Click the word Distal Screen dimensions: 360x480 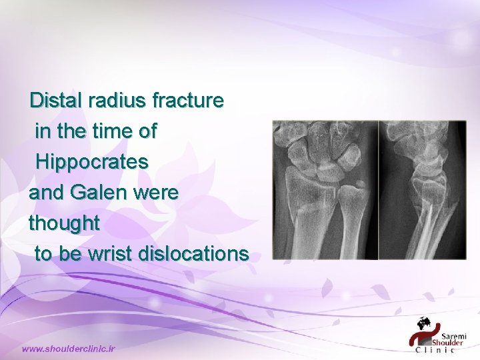(56, 101)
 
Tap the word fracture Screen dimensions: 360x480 (189, 101)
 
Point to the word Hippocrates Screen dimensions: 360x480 (92, 162)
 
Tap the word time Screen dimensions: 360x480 (107, 131)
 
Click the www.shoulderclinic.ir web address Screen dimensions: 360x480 (69, 348)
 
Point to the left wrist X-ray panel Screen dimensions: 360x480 (325, 190)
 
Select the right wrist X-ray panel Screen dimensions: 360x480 (422, 190)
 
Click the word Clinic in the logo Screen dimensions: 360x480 (435, 348)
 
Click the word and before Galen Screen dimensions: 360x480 (45, 193)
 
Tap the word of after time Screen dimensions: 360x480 (145, 131)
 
